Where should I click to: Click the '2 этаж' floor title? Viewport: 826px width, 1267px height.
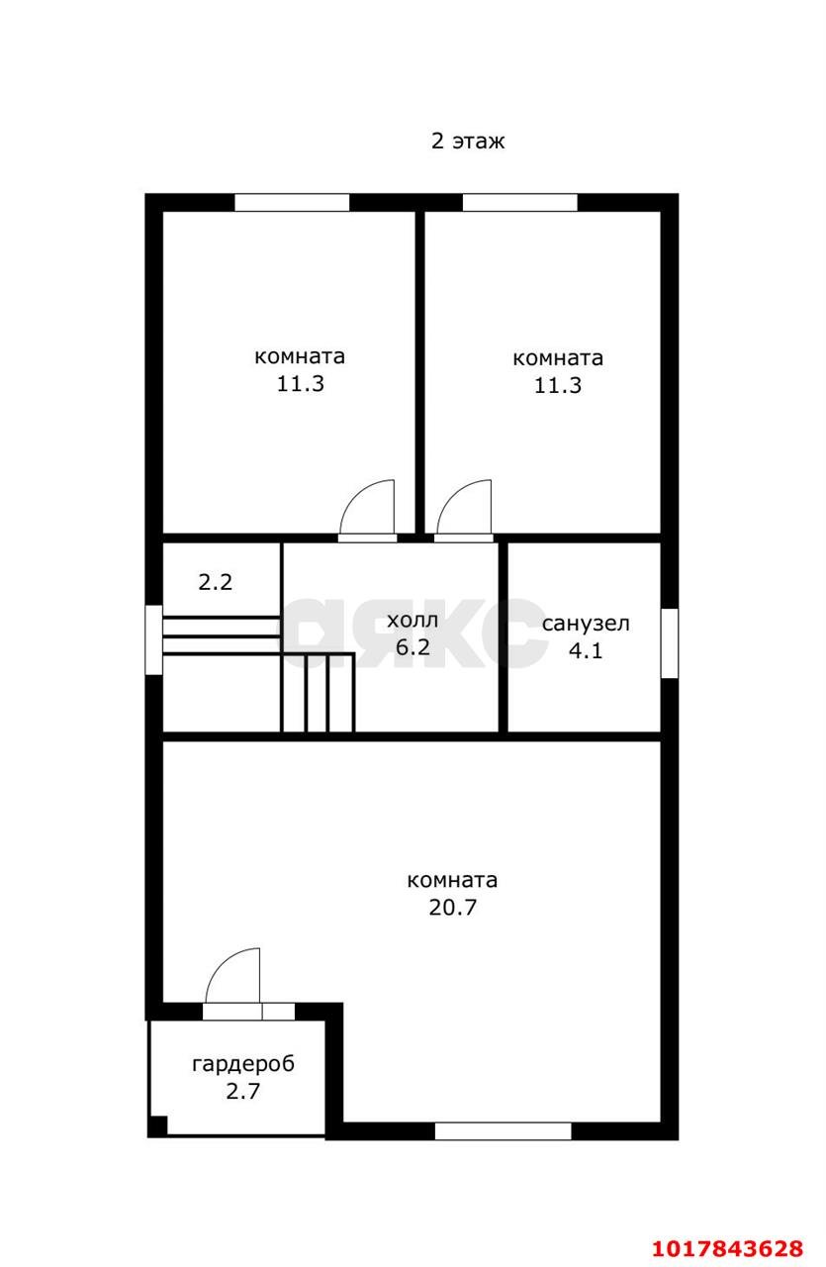point(468,141)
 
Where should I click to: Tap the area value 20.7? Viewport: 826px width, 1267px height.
point(452,908)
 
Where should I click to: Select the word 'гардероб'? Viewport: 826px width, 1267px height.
point(243,1064)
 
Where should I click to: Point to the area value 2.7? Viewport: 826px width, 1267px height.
point(243,1091)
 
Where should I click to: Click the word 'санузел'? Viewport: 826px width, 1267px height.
point(586,624)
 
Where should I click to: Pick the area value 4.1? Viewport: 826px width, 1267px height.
point(586,651)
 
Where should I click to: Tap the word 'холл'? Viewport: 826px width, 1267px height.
point(413,621)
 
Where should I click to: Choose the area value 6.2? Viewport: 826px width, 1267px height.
point(413,647)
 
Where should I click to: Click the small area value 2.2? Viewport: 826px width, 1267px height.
point(216,582)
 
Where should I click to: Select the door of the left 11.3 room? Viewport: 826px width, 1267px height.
point(367,511)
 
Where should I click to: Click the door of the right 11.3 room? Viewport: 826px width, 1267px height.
point(464,511)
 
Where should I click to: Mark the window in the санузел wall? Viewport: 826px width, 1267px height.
point(670,643)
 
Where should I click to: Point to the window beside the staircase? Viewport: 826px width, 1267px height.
point(153,639)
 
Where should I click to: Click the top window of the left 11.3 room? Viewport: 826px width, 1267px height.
point(292,203)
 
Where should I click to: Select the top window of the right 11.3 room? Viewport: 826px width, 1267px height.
point(520,203)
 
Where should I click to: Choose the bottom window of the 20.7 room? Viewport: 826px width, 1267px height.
point(503,1131)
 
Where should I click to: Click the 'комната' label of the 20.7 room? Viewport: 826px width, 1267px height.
point(452,881)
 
